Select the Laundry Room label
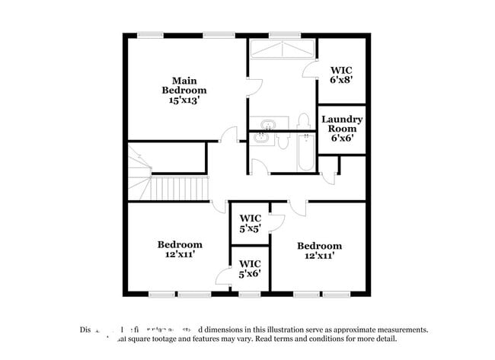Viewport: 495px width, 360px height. click(342, 125)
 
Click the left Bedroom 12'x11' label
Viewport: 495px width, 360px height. click(180, 250)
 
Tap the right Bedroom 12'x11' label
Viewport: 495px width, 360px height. click(319, 250)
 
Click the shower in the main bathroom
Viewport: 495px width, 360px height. click(283, 49)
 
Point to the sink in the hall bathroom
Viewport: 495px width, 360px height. click(262, 138)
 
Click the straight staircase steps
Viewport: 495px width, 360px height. click(180, 186)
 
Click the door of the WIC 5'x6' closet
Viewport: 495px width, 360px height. click(223, 277)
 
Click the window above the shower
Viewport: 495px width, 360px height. click(284, 34)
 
